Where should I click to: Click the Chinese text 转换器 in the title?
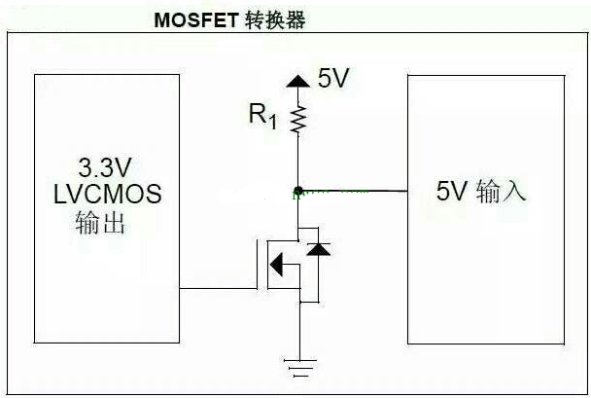(x=276, y=20)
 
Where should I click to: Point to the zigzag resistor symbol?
(x=299, y=119)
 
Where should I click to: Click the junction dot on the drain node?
(x=299, y=190)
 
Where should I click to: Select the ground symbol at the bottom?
(x=299, y=367)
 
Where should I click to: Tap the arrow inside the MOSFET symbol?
(x=278, y=264)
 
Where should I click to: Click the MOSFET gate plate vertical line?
(x=259, y=263)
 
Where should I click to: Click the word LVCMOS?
(x=107, y=194)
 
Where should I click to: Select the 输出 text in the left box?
(x=101, y=225)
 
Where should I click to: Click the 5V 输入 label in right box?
(x=481, y=192)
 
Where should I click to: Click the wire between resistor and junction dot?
(x=299, y=161)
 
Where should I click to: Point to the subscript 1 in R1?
(x=273, y=122)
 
